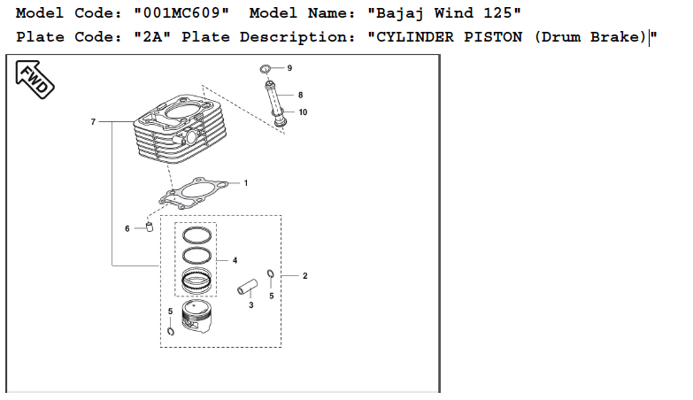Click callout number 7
tap(92, 121)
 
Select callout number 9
tap(289, 68)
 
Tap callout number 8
tap(300, 95)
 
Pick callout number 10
tap(303, 112)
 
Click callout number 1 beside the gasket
tap(245, 183)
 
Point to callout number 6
tap(127, 228)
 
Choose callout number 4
tap(235, 260)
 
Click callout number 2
tap(304, 276)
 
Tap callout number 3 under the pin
tap(250, 305)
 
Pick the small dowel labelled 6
tap(149, 227)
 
